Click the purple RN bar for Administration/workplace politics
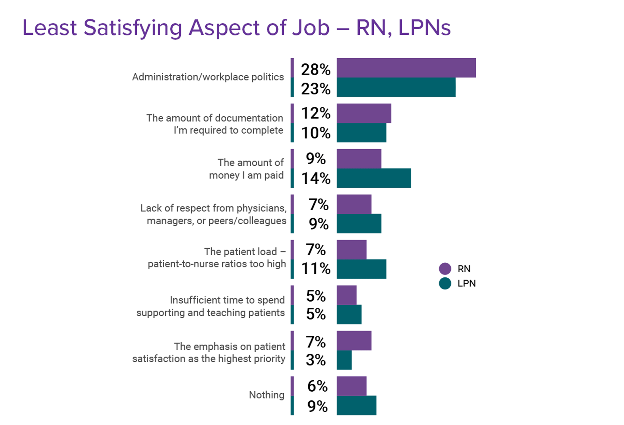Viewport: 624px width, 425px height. point(406,68)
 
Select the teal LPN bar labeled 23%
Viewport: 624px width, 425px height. point(396,87)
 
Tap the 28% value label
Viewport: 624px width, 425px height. point(315,69)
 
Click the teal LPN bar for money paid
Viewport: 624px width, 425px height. point(373,178)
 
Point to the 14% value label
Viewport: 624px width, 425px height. point(315,178)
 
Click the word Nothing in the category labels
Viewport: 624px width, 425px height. point(266,395)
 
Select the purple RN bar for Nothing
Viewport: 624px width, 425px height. point(351,386)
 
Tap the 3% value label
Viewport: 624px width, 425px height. point(315,360)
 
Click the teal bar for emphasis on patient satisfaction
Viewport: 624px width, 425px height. point(344,360)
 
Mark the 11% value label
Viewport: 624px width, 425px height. point(315,268)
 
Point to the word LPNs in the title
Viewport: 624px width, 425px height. point(424,27)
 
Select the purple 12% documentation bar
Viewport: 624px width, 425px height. point(364,113)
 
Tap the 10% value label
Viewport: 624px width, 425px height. point(315,133)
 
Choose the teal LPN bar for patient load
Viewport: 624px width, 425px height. point(361,269)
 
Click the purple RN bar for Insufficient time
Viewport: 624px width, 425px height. point(346,295)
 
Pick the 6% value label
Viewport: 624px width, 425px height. point(317,386)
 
